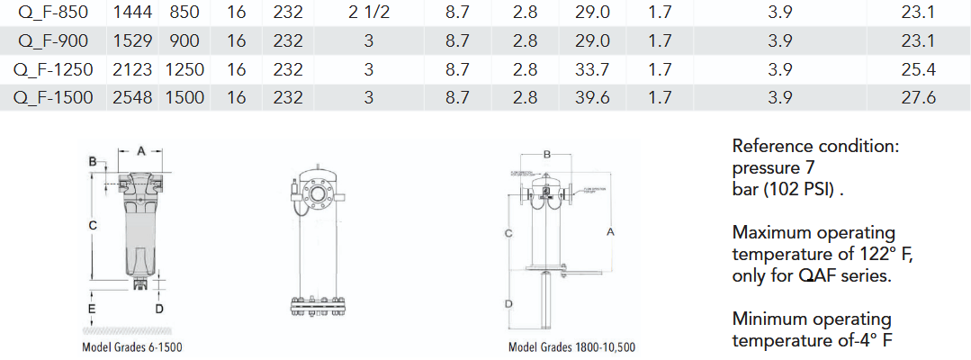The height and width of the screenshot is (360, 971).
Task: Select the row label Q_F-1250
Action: coord(54,69)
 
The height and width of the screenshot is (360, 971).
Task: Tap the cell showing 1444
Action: coord(132,13)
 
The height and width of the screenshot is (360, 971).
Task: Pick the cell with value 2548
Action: coord(132,98)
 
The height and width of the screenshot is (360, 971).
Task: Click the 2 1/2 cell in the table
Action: coord(368,13)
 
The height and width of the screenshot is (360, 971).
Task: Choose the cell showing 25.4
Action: coord(918,69)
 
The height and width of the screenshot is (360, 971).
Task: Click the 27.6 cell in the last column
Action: coord(918,98)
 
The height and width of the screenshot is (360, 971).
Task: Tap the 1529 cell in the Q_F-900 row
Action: coord(132,41)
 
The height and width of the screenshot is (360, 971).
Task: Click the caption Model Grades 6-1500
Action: coord(132,346)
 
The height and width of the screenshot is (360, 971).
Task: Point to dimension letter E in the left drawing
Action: coord(92,309)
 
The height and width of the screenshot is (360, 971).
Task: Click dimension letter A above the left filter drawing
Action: coord(140,149)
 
